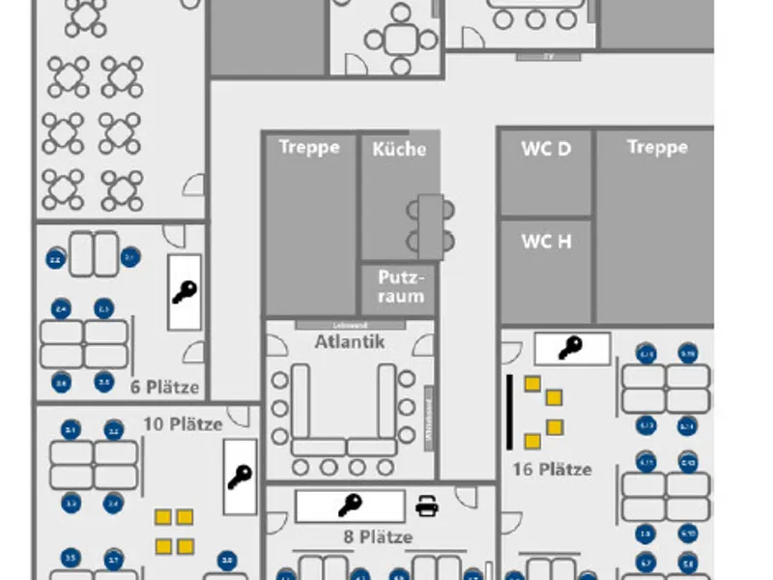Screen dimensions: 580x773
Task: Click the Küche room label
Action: point(398,149)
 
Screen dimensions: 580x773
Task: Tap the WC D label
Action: point(546,148)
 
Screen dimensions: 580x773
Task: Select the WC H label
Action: point(546,241)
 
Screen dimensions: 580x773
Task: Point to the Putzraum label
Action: point(400,286)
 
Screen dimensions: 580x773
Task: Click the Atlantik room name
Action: point(349,341)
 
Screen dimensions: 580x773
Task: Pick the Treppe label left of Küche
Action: point(309,147)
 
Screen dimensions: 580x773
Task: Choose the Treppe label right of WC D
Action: point(657,147)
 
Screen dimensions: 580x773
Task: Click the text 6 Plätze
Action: point(165,388)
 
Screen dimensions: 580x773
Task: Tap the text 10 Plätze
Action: point(184,423)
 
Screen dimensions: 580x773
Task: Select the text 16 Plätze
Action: point(552,469)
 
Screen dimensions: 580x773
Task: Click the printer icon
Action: point(426,505)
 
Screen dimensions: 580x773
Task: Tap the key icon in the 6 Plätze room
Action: point(185,292)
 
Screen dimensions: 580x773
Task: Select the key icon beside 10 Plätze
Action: point(240,477)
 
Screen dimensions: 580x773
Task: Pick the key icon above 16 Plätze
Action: point(571,347)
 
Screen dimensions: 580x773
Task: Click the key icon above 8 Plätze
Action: point(350,505)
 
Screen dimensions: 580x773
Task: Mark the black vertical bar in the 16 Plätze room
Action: point(509,412)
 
